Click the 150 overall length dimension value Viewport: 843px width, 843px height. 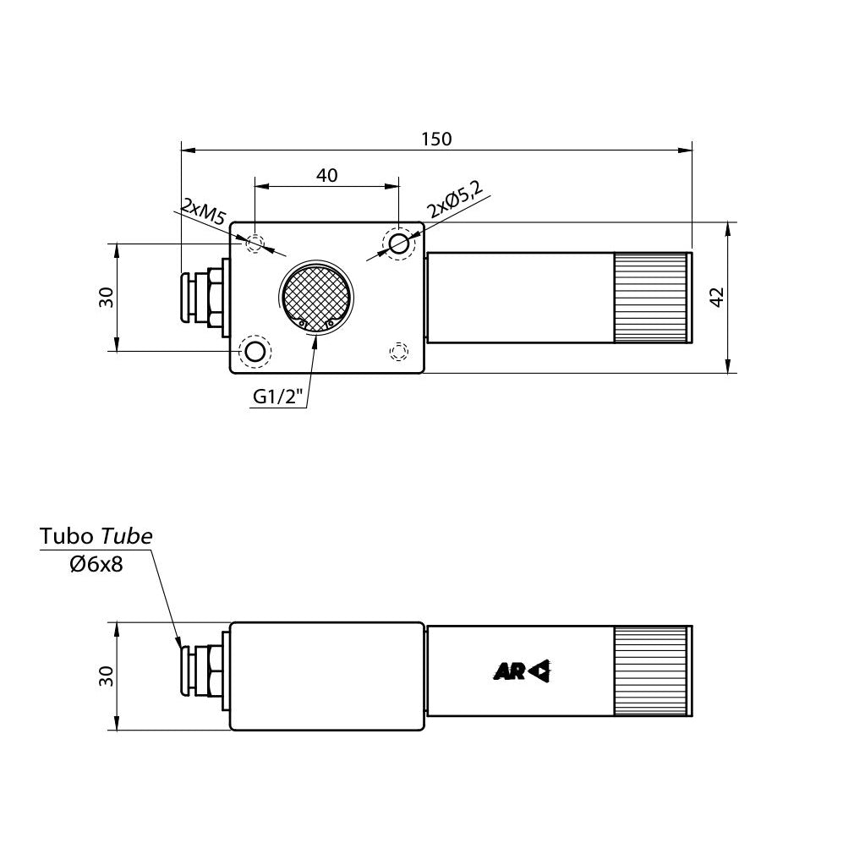point(436,139)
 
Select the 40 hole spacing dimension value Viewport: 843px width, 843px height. point(327,175)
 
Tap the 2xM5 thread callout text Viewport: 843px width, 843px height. point(202,212)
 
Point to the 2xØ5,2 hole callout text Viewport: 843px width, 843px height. point(454,201)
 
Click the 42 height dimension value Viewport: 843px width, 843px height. point(717,297)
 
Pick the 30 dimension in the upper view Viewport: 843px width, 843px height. point(107,297)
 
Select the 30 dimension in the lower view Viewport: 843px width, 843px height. point(107,676)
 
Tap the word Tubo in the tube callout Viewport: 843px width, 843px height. point(68,536)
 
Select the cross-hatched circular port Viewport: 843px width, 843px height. point(317,298)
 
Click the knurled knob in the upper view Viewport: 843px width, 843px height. point(651,298)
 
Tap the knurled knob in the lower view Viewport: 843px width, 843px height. point(651,671)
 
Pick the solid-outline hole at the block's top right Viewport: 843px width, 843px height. point(397,244)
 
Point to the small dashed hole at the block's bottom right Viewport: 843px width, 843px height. point(397,350)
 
